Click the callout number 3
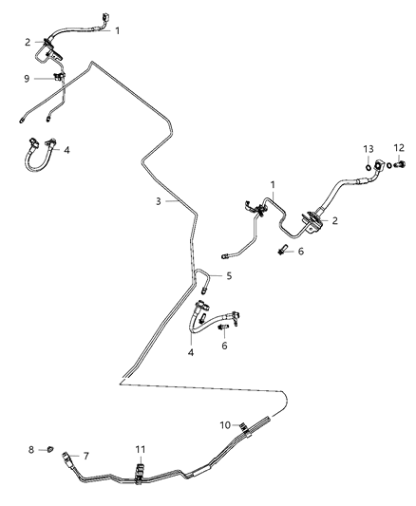159,201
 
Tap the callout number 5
228,276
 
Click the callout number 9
28,79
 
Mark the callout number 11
141,448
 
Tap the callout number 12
399,148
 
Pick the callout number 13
369,150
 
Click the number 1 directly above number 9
117,30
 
